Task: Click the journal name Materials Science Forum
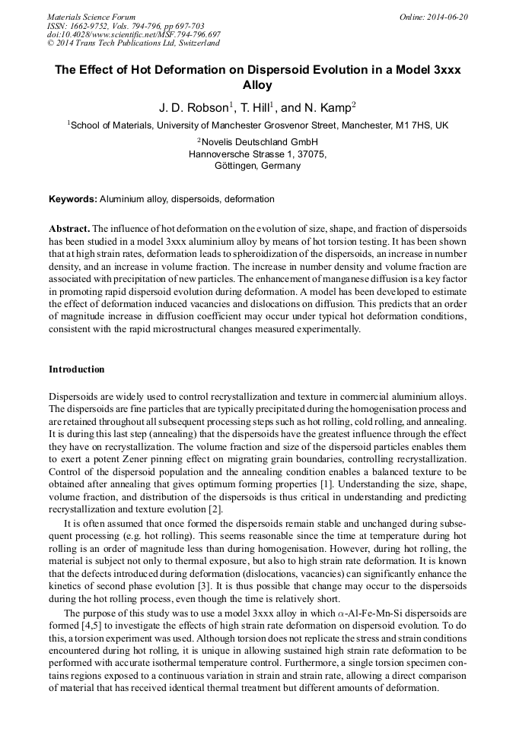(91, 16)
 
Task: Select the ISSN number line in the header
(125, 25)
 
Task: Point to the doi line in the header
(133, 34)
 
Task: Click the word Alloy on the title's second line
(257, 86)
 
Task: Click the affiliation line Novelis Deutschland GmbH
(257, 142)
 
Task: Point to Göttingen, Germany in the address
(257, 166)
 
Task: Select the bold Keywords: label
(73, 199)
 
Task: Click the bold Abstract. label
(69, 229)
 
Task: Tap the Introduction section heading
(76, 369)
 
